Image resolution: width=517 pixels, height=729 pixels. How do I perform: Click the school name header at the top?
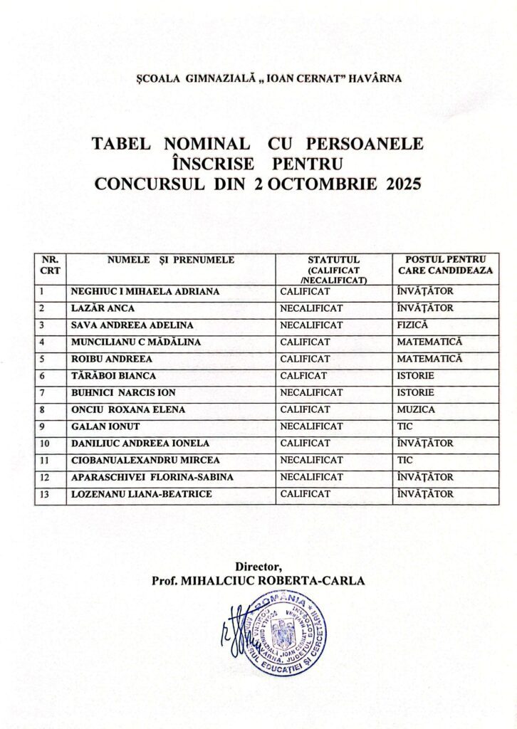pos(258,78)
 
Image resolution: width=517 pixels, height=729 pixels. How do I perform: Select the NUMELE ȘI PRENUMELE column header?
pos(171,261)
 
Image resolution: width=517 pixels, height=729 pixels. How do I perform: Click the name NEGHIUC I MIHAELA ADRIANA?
pos(145,292)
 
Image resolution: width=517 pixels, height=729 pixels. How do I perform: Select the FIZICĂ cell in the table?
pos(412,325)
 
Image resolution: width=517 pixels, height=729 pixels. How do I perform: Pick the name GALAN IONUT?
pos(99,426)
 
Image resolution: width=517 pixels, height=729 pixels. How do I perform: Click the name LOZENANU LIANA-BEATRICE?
pos(141,494)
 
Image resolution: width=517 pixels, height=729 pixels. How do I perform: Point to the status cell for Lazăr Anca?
pos(311,309)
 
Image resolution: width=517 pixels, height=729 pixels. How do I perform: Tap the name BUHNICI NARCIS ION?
pos(122,393)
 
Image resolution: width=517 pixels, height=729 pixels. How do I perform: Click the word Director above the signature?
pos(258,567)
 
